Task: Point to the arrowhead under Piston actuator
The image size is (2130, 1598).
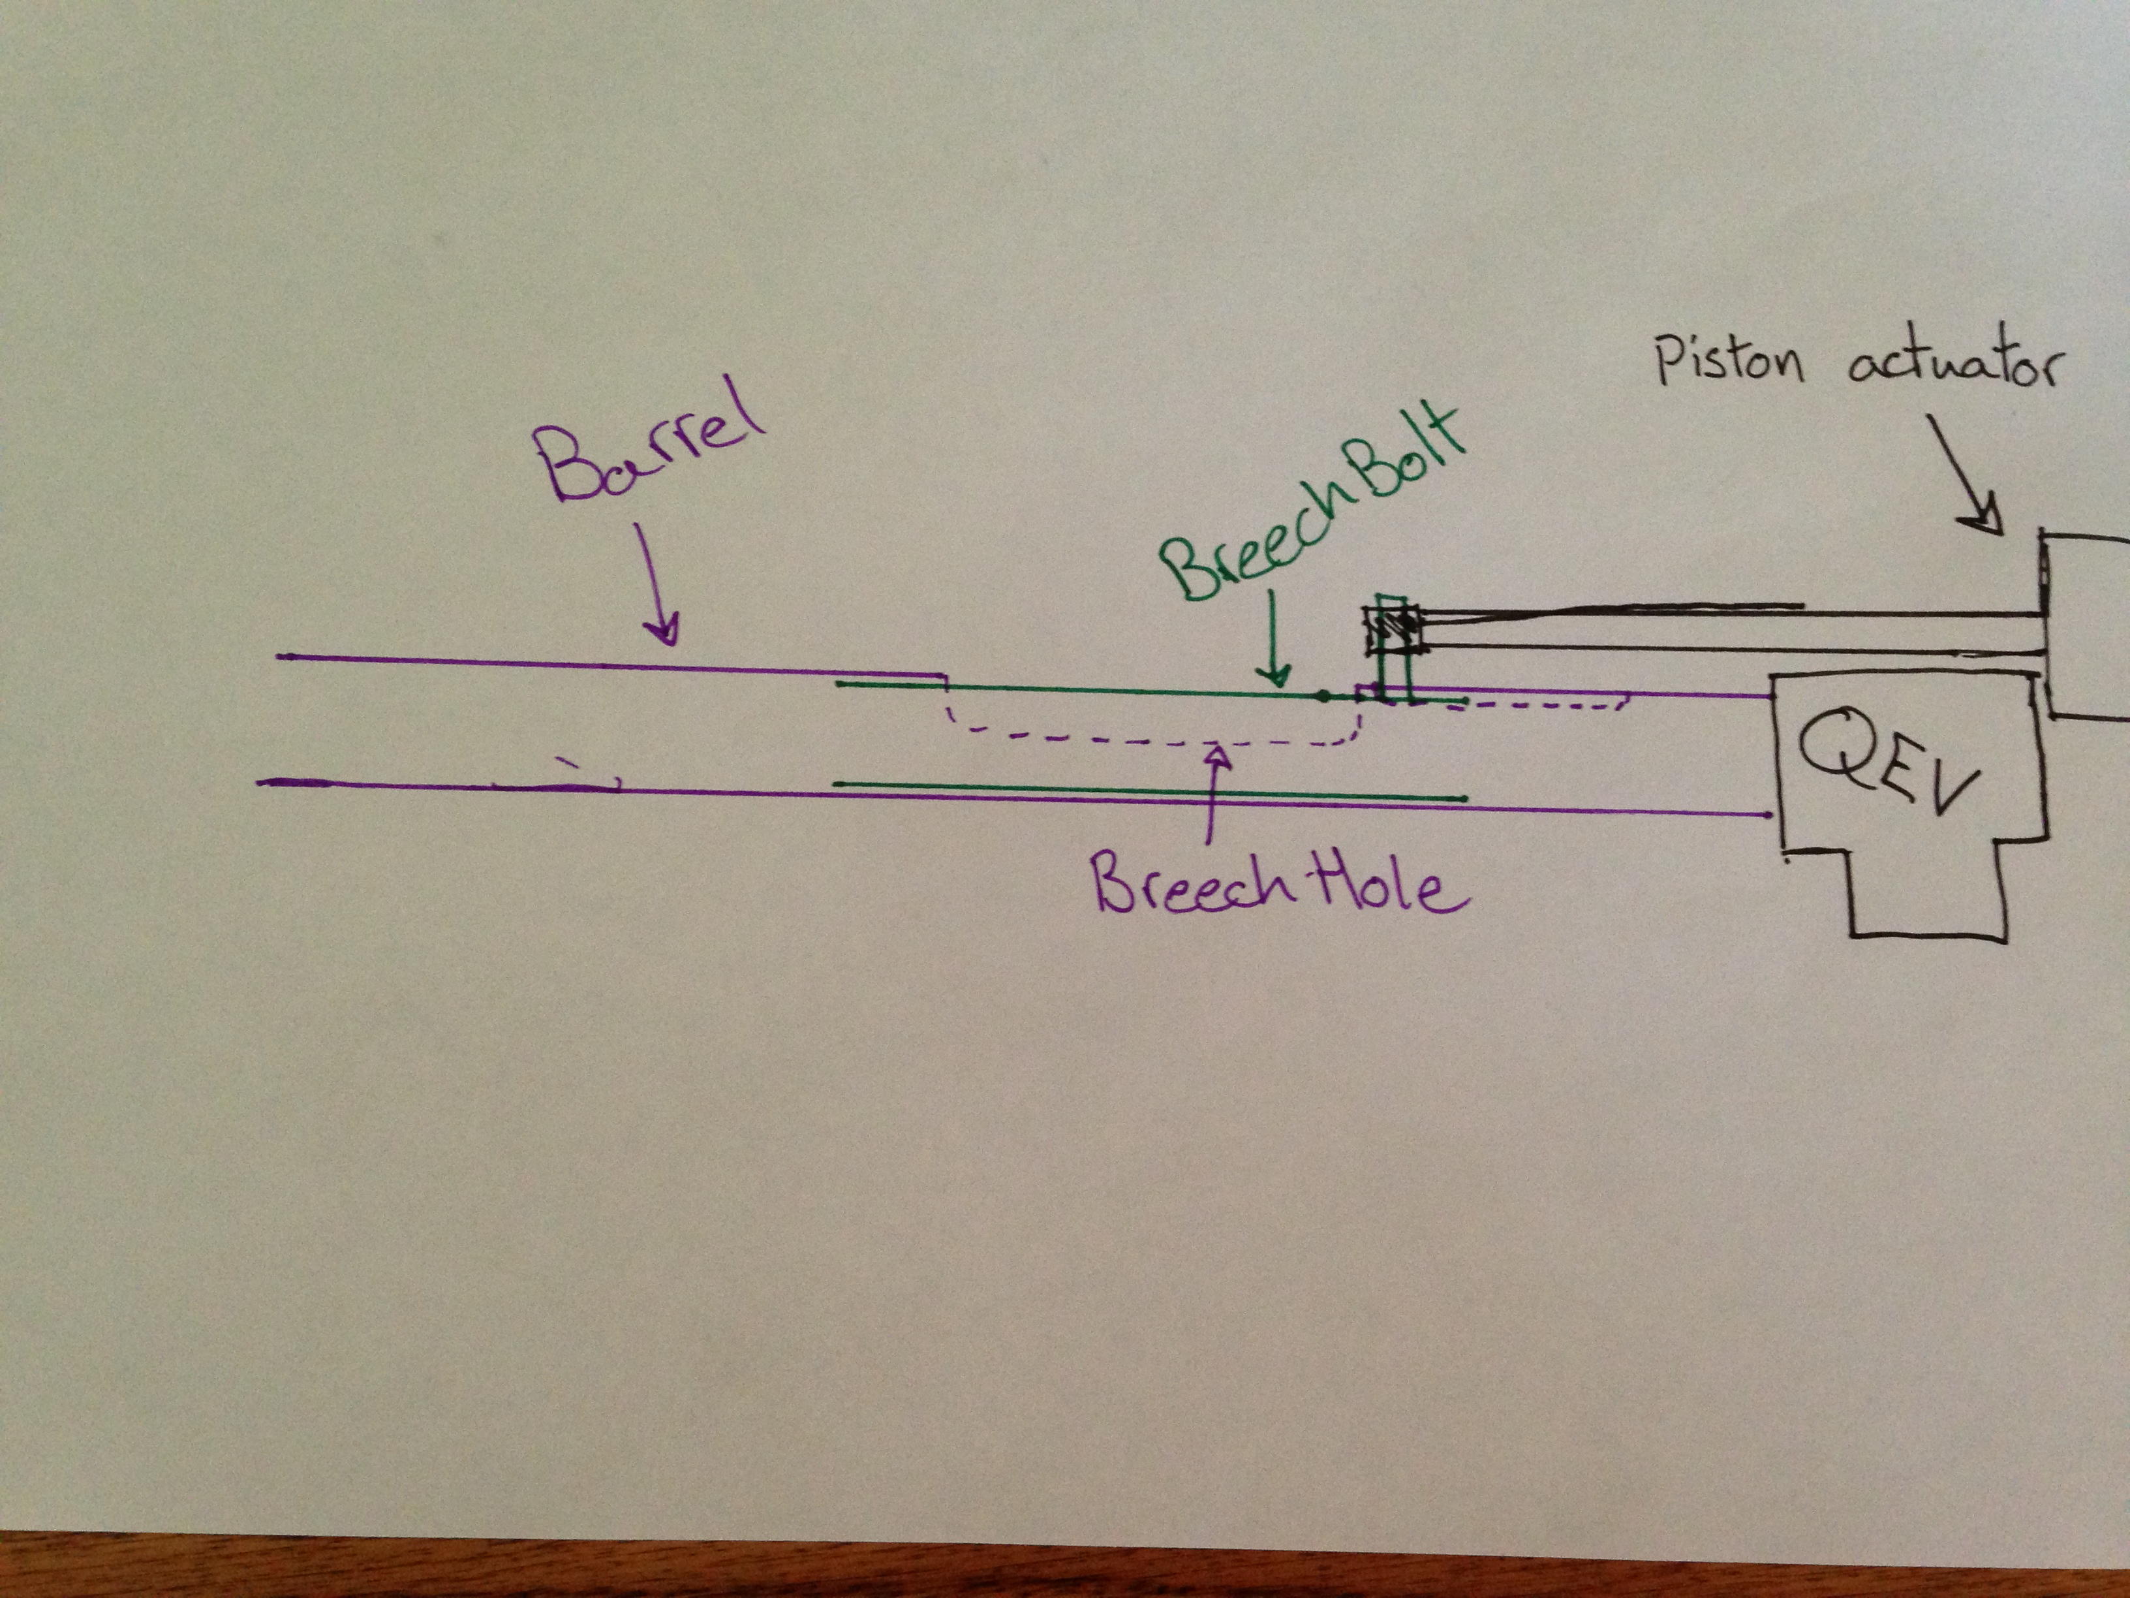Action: coord(1986,520)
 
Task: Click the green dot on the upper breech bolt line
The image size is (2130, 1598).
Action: coord(1324,695)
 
